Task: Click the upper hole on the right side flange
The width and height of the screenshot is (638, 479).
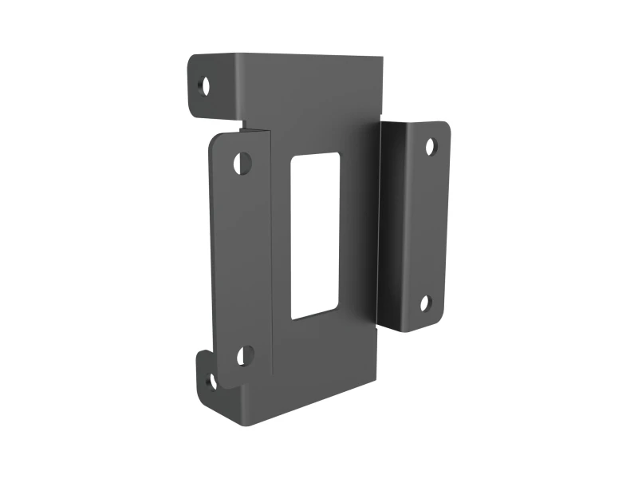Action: (x=430, y=146)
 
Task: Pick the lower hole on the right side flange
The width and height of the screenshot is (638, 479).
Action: (x=426, y=303)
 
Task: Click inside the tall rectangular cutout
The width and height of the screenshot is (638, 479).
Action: (x=315, y=236)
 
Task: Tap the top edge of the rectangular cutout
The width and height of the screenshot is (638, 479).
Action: (x=316, y=153)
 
